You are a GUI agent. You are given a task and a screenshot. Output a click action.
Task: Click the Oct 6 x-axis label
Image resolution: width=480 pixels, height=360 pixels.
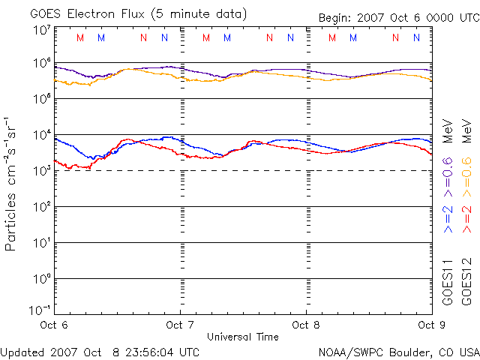[54, 325]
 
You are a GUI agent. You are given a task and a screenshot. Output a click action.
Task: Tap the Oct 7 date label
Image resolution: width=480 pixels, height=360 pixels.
[180, 325]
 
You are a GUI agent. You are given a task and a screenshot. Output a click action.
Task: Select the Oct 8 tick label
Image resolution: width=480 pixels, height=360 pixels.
[306, 325]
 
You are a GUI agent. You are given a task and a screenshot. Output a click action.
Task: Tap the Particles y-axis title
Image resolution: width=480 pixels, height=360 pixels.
[12, 183]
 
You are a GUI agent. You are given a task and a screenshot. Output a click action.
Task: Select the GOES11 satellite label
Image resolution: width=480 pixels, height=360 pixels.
[448, 280]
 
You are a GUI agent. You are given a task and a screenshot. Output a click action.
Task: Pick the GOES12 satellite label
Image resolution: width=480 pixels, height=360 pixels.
[466, 280]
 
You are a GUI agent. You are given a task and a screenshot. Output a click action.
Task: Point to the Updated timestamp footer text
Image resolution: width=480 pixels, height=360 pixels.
[100, 351]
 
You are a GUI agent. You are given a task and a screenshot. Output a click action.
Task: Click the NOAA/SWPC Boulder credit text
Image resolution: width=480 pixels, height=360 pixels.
[398, 351]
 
